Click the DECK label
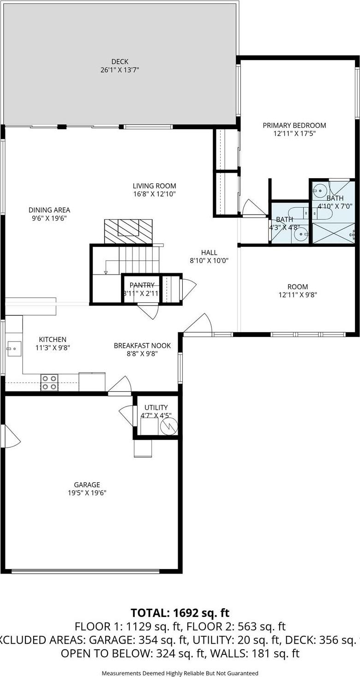tap(120, 61)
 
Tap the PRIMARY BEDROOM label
tap(294, 125)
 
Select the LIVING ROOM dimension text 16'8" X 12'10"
tap(154, 194)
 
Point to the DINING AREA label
tap(49, 210)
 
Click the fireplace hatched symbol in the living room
tap(128, 231)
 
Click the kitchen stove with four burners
tap(49, 382)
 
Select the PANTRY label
tap(142, 285)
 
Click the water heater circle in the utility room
tap(168, 426)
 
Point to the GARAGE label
tap(87, 485)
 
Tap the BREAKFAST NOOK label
tap(142, 345)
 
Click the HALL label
tap(209, 252)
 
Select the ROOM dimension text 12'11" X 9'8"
tap(297, 295)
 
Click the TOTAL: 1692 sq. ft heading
tap(180, 613)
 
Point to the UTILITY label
tap(156, 407)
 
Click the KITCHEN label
tap(53, 339)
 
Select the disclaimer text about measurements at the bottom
tap(180, 673)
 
